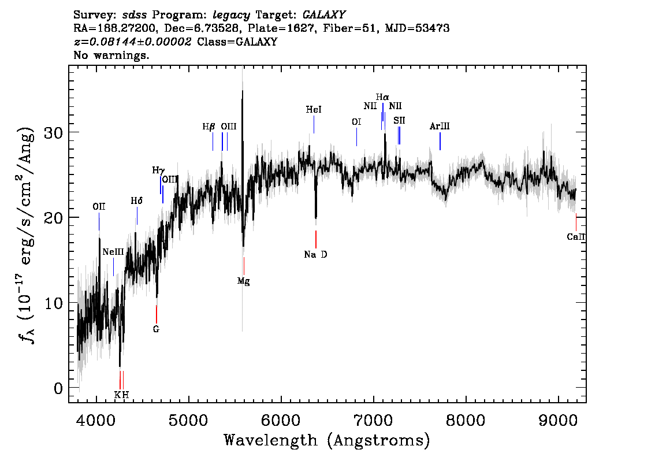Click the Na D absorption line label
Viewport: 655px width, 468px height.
[315, 254]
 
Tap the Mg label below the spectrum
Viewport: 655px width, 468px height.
[244, 281]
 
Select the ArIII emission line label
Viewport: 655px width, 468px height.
[440, 126]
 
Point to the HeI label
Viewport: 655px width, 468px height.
[314, 109]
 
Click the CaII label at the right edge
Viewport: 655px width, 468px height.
[576, 237]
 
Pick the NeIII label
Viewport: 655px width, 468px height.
[113, 252]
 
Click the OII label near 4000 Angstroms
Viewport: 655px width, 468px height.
[99, 207]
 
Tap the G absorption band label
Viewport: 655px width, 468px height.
[156, 329]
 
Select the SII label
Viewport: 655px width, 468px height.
[399, 120]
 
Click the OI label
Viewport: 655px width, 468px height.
[356, 122]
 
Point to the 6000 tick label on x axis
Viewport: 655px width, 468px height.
[281, 421]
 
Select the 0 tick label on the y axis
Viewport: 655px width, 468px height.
[58, 388]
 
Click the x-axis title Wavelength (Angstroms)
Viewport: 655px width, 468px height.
[327, 440]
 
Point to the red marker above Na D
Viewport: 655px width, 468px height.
[316, 239]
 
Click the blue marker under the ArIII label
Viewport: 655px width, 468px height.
[440, 141]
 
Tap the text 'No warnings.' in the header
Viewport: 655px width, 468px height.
[111, 55]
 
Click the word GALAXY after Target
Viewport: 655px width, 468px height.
[323, 15]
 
